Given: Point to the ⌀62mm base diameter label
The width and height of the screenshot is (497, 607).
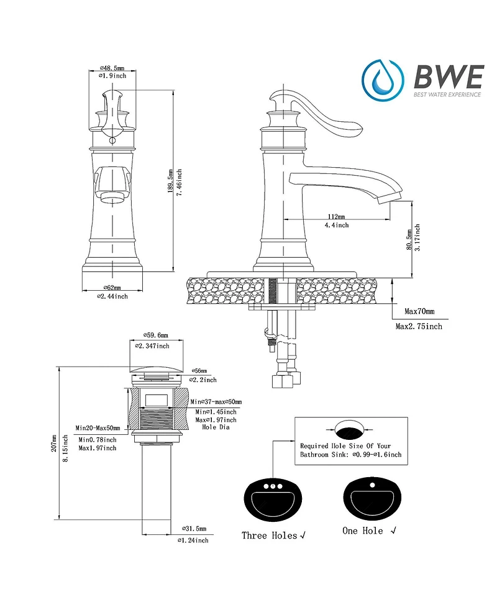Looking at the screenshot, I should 112,288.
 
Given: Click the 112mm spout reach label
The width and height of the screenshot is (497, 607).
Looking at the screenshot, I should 339,216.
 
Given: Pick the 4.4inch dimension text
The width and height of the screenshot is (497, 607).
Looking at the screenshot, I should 338,225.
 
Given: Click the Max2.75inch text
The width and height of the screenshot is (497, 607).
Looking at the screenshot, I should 419,326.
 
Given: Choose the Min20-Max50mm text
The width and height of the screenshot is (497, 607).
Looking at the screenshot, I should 98,428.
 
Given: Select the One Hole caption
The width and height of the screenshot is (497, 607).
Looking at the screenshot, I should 363,531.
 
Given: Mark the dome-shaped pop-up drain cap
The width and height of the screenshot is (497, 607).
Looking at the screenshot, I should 157,370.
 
